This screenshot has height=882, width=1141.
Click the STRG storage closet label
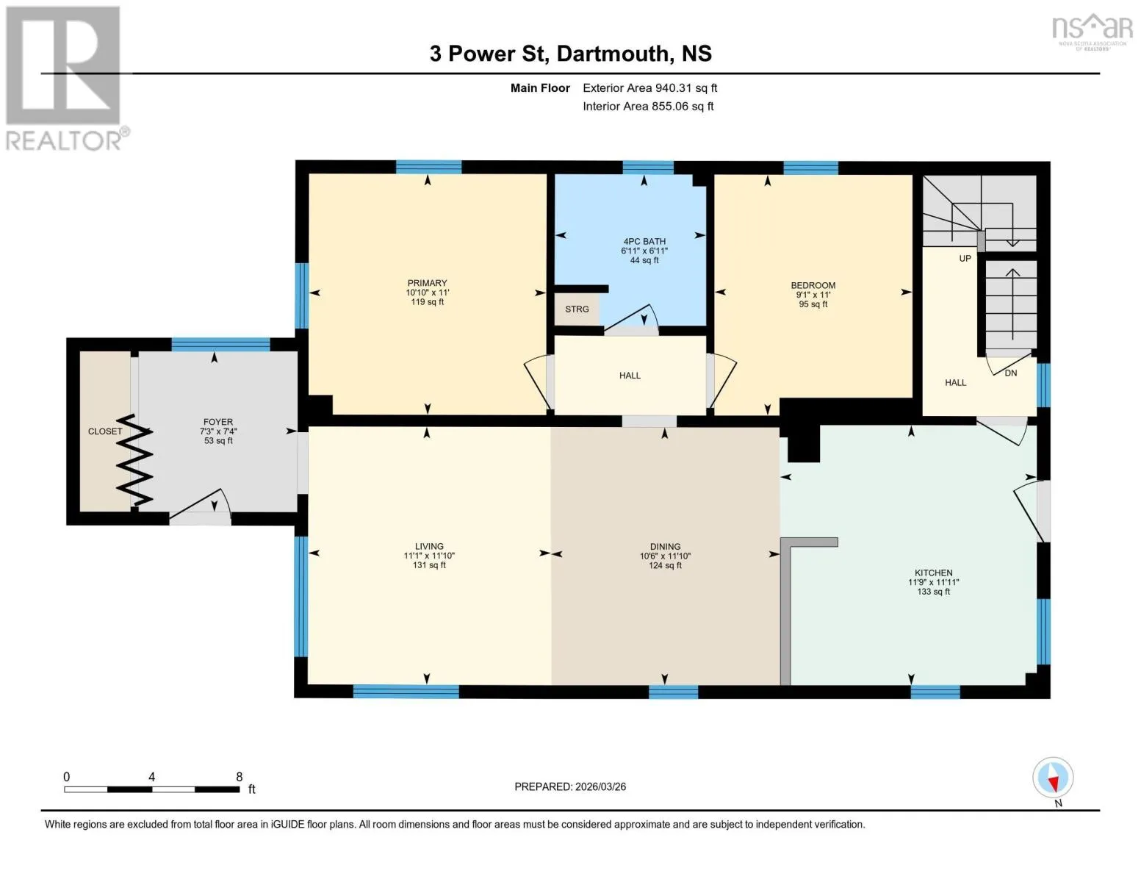pyautogui.click(x=577, y=309)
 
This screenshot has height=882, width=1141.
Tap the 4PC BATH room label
pyautogui.click(x=644, y=242)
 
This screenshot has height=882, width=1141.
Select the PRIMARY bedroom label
pyautogui.click(x=427, y=283)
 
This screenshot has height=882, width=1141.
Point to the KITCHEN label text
pyautogui.click(x=933, y=573)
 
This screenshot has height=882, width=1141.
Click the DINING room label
pyautogui.click(x=665, y=546)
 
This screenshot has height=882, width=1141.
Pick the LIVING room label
pyautogui.click(x=429, y=546)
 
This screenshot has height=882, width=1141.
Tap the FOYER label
pyautogui.click(x=218, y=422)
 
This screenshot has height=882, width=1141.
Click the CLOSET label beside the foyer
pyautogui.click(x=105, y=431)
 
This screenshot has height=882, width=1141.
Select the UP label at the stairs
pyautogui.click(x=965, y=259)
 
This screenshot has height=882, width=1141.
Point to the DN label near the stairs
pyautogui.click(x=1010, y=373)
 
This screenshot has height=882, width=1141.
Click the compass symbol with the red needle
pyautogui.click(x=1052, y=778)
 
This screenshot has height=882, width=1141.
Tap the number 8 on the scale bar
pyautogui.click(x=239, y=776)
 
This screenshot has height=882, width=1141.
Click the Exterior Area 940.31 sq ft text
pyautogui.click(x=649, y=87)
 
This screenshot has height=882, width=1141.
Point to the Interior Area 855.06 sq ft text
pyautogui.click(x=648, y=106)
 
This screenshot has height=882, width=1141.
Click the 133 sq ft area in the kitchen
pyautogui.click(x=933, y=592)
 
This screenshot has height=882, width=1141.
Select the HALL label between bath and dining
pyautogui.click(x=630, y=375)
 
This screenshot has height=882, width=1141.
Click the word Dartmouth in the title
pyautogui.click(x=613, y=54)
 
